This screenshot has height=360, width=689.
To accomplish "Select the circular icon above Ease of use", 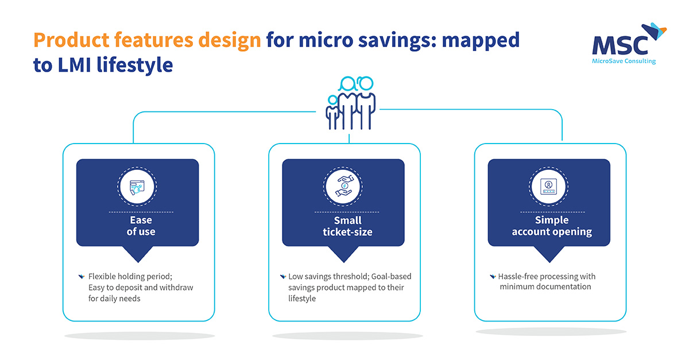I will (x=137, y=187).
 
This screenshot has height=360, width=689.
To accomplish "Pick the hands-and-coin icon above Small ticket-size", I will (x=343, y=187).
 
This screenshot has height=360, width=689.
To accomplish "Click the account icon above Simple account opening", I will (x=548, y=187).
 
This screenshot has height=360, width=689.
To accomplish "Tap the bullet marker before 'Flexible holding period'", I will (x=81, y=277).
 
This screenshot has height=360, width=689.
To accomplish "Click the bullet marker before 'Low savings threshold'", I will (x=282, y=277).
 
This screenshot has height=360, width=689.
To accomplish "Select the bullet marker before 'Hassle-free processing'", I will (x=493, y=277).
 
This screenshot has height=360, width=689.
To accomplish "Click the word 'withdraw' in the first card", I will (x=176, y=288).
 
